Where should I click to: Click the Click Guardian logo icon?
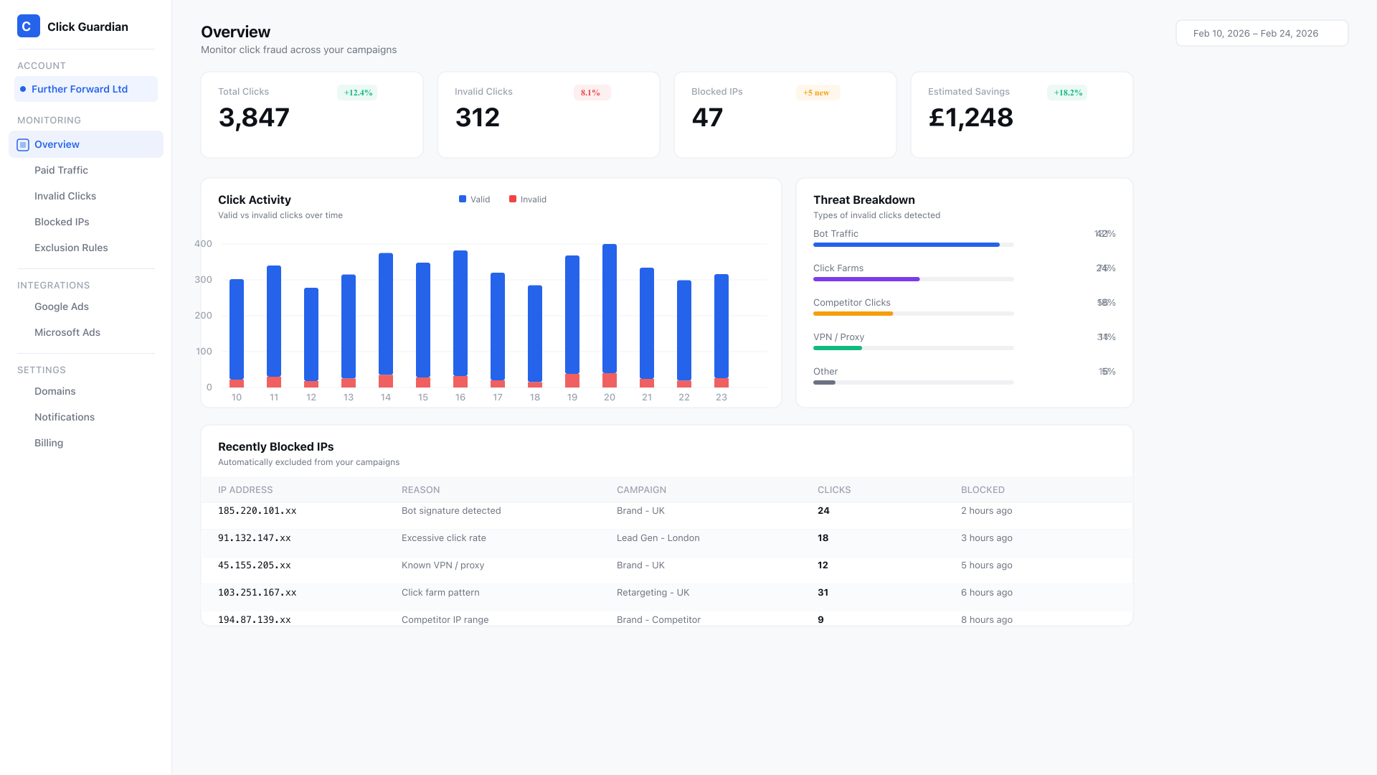28,27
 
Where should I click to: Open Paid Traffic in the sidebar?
61,170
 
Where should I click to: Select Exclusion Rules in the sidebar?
71,248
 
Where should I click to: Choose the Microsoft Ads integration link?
67,332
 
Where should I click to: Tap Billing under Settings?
49,443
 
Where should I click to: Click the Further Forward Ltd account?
80,89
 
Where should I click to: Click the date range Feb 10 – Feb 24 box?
1262,33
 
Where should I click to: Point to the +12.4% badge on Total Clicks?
357,93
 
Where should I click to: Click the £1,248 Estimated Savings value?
970,118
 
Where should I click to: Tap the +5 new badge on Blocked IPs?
816,93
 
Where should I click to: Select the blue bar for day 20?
610,309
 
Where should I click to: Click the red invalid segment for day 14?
386,381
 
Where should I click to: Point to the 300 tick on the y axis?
204,280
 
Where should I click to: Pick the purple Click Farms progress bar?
866,279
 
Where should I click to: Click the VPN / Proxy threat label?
838,337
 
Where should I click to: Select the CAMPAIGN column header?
641,490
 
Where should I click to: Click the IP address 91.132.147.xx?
255,538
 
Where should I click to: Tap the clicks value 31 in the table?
823,593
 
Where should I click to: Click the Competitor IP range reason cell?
445,620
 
